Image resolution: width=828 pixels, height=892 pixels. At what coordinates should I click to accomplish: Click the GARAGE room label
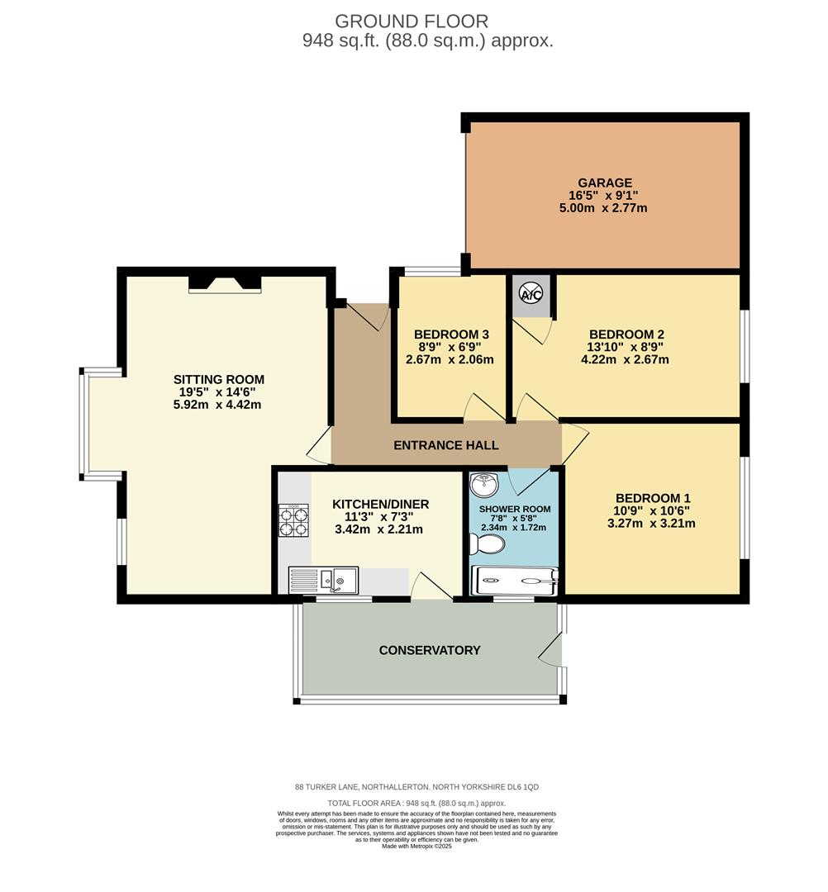coord(606,183)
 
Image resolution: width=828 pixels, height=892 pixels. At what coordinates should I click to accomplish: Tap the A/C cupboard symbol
coord(531,292)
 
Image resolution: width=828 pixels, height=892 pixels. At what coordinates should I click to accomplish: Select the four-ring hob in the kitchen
coord(294,520)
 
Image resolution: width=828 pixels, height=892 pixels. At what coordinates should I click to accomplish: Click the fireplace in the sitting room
coord(225,284)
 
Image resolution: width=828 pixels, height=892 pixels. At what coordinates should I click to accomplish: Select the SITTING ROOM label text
coord(219,380)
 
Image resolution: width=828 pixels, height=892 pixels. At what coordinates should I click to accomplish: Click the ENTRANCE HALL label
coord(445,445)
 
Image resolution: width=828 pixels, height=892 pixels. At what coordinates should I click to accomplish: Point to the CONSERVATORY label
coord(430,650)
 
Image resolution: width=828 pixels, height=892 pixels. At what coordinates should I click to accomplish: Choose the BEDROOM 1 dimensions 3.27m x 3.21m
coord(651,523)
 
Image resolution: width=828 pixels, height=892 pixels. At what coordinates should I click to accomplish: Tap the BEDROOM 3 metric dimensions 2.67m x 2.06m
coord(450,359)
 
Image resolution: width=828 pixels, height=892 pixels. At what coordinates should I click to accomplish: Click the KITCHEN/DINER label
coord(381,504)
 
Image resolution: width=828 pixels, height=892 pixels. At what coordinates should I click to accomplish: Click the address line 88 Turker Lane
coord(416,788)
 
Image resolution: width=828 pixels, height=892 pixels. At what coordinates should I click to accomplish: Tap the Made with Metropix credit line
coord(416,846)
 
